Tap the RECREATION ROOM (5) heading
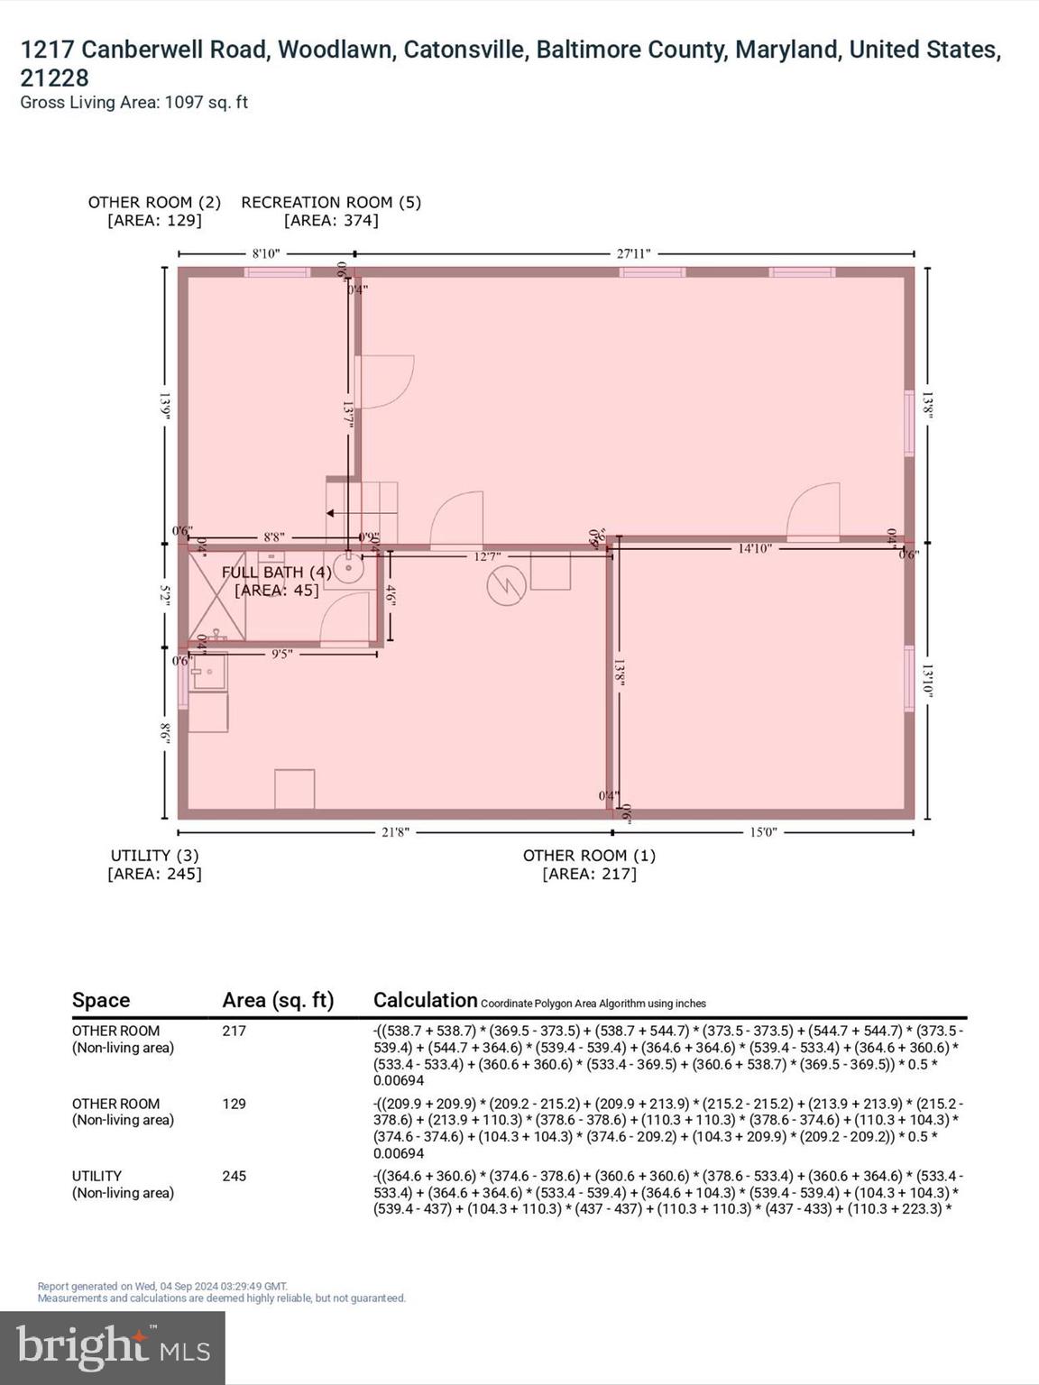[x=331, y=203]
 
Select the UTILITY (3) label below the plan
[x=154, y=856]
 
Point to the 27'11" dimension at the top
[x=633, y=253]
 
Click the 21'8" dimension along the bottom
[x=395, y=832]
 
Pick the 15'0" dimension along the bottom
[x=763, y=832]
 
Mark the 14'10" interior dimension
[x=754, y=548]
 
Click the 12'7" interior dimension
[x=487, y=557]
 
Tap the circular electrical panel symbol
[x=506, y=587]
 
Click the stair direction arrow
[x=330, y=514]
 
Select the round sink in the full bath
[x=347, y=570]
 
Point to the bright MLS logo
[x=113, y=1348]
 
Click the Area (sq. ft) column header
[x=278, y=1000]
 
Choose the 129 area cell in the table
[x=234, y=1104]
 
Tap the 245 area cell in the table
[x=234, y=1176]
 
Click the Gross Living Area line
[x=133, y=103]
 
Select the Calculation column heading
[x=425, y=1000]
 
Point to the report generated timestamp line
[x=162, y=1287]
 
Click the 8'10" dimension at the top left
[x=265, y=253]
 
